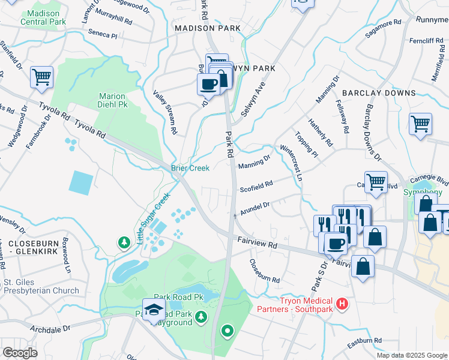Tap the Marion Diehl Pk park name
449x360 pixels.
(x=112, y=100)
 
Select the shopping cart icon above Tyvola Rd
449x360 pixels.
(x=41, y=76)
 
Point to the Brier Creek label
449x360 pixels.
(x=190, y=168)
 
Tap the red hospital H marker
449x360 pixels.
(x=342, y=304)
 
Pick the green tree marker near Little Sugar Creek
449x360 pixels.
(x=124, y=242)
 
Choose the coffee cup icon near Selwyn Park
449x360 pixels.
(x=208, y=85)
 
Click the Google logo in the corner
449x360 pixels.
(x=20, y=353)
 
